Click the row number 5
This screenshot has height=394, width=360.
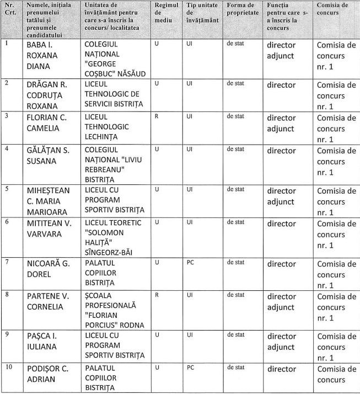click(x=7, y=189)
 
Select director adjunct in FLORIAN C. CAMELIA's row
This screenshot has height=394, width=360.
click(x=282, y=123)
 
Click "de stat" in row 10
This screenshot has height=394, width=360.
click(x=235, y=368)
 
